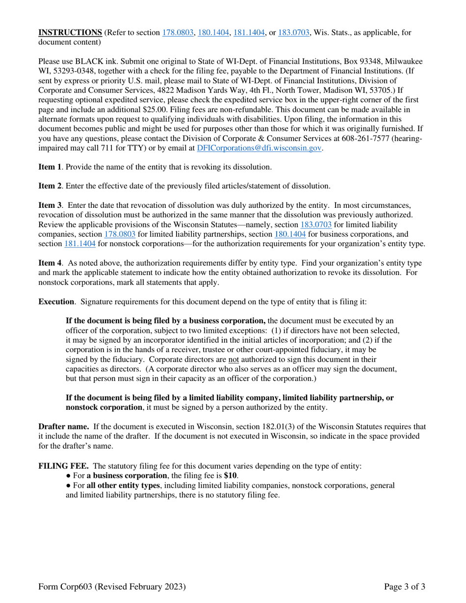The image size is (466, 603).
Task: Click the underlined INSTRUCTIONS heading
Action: click(x=70, y=33)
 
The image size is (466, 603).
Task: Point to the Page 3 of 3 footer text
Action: click(x=404, y=586)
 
